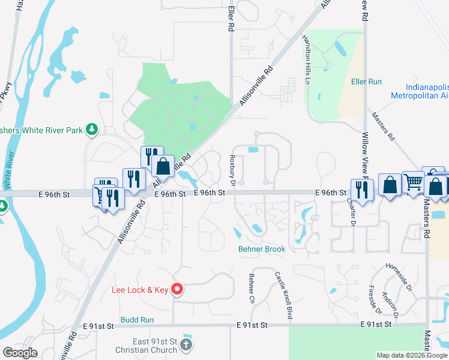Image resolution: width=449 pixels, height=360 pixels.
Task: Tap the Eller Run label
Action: (367, 81)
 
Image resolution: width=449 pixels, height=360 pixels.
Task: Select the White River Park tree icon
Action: (91, 129)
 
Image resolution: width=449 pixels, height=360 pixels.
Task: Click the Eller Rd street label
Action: (231, 19)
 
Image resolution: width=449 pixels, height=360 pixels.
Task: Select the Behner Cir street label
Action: (252, 289)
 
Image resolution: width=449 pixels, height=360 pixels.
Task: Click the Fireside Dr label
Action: (374, 300)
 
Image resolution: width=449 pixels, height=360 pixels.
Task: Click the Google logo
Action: (20, 353)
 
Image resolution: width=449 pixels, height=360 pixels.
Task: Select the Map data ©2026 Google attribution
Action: (412, 355)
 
